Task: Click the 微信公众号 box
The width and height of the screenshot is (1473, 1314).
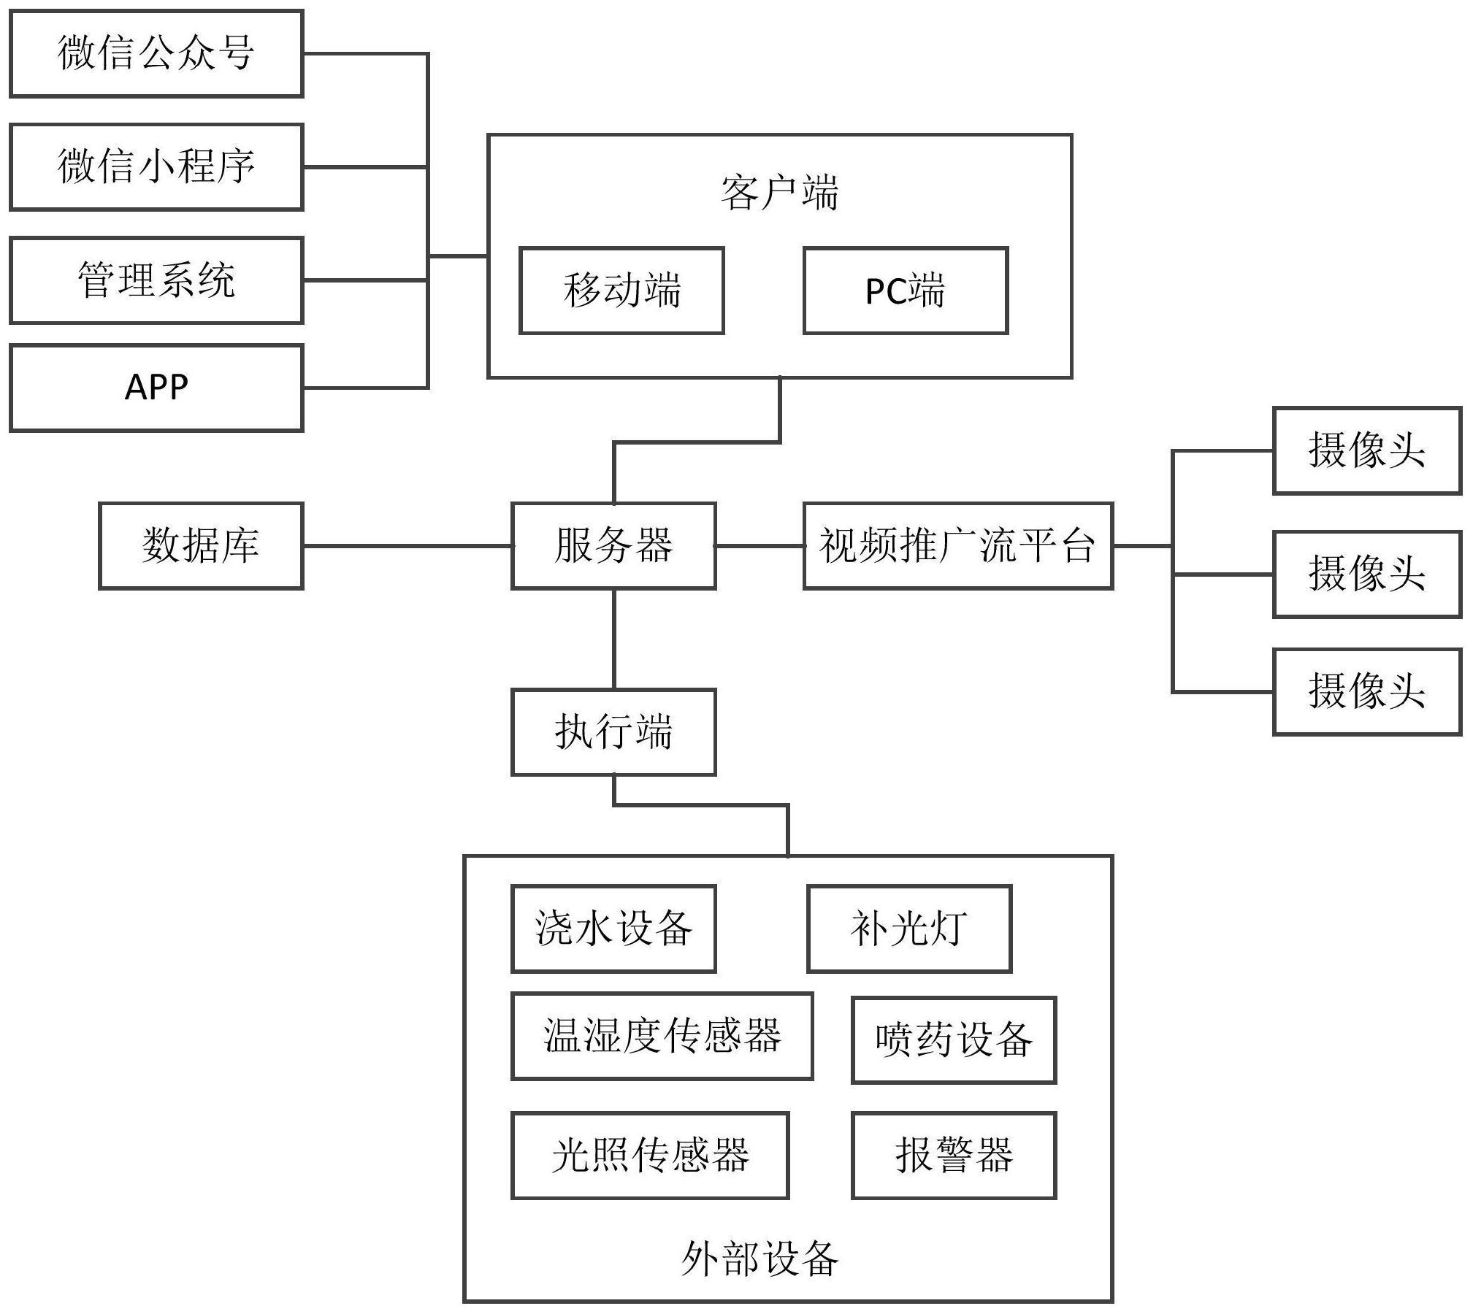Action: point(156,53)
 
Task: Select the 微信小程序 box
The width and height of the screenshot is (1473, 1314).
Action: point(156,167)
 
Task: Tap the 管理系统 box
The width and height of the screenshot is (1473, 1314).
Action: point(156,280)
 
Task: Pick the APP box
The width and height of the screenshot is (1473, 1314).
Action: point(156,388)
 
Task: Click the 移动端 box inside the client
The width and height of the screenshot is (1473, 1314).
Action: point(621,291)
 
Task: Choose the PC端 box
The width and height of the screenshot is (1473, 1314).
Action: point(906,291)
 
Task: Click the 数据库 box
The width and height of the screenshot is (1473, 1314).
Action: point(201,545)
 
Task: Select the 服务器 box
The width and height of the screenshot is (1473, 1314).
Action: point(613,545)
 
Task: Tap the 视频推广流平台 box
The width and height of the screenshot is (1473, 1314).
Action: point(957,545)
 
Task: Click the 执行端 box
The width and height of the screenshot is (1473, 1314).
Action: point(613,731)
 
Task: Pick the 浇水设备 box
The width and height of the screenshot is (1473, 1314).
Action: point(613,929)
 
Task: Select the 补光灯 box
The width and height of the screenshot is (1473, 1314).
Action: point(909,929)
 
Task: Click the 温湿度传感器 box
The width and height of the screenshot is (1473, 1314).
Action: point(662,1036)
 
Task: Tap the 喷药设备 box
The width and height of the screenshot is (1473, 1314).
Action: point(954,1040)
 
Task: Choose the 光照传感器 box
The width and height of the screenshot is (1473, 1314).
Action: point(650,1156)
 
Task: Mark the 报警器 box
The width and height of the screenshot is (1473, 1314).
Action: point(954,1156)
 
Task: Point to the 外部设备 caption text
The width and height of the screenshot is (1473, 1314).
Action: point(760,1259)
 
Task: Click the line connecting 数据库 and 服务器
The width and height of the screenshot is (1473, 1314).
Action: point(407,545)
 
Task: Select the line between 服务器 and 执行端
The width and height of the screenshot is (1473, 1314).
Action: point(613,639)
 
